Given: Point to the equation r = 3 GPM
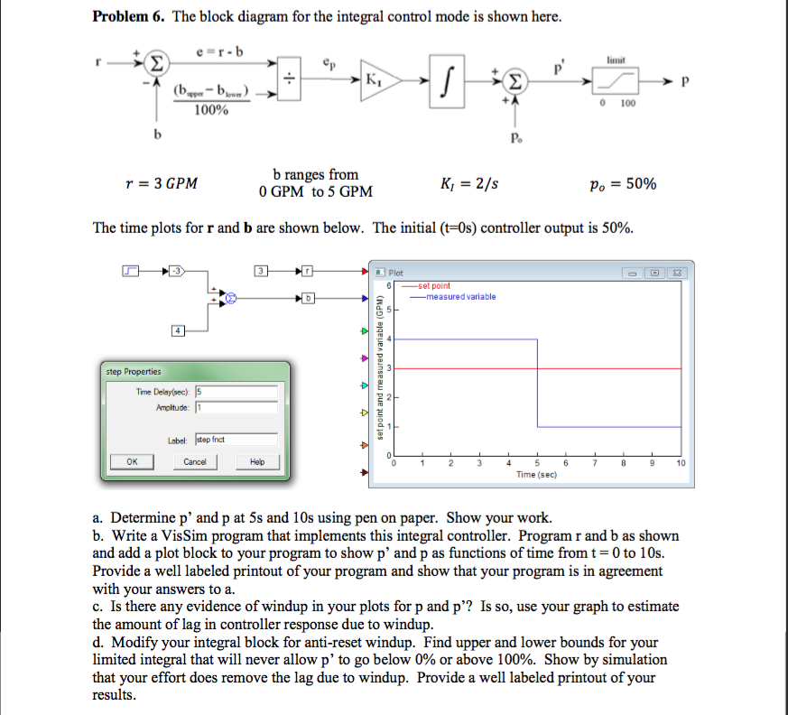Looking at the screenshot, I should coord(162,183).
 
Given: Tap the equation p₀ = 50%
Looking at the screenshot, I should coord(624,183).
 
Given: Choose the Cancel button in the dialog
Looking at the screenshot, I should coord(195,461).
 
